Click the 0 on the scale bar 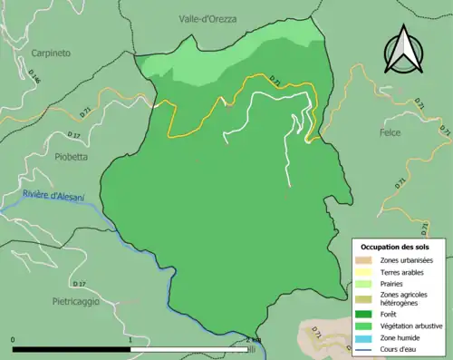pyautogui.click(x=14, y=340)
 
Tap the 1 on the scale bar pyautogui.click(x=131, y=340)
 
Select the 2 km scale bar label pyautogui.click(x=253, y=340)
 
